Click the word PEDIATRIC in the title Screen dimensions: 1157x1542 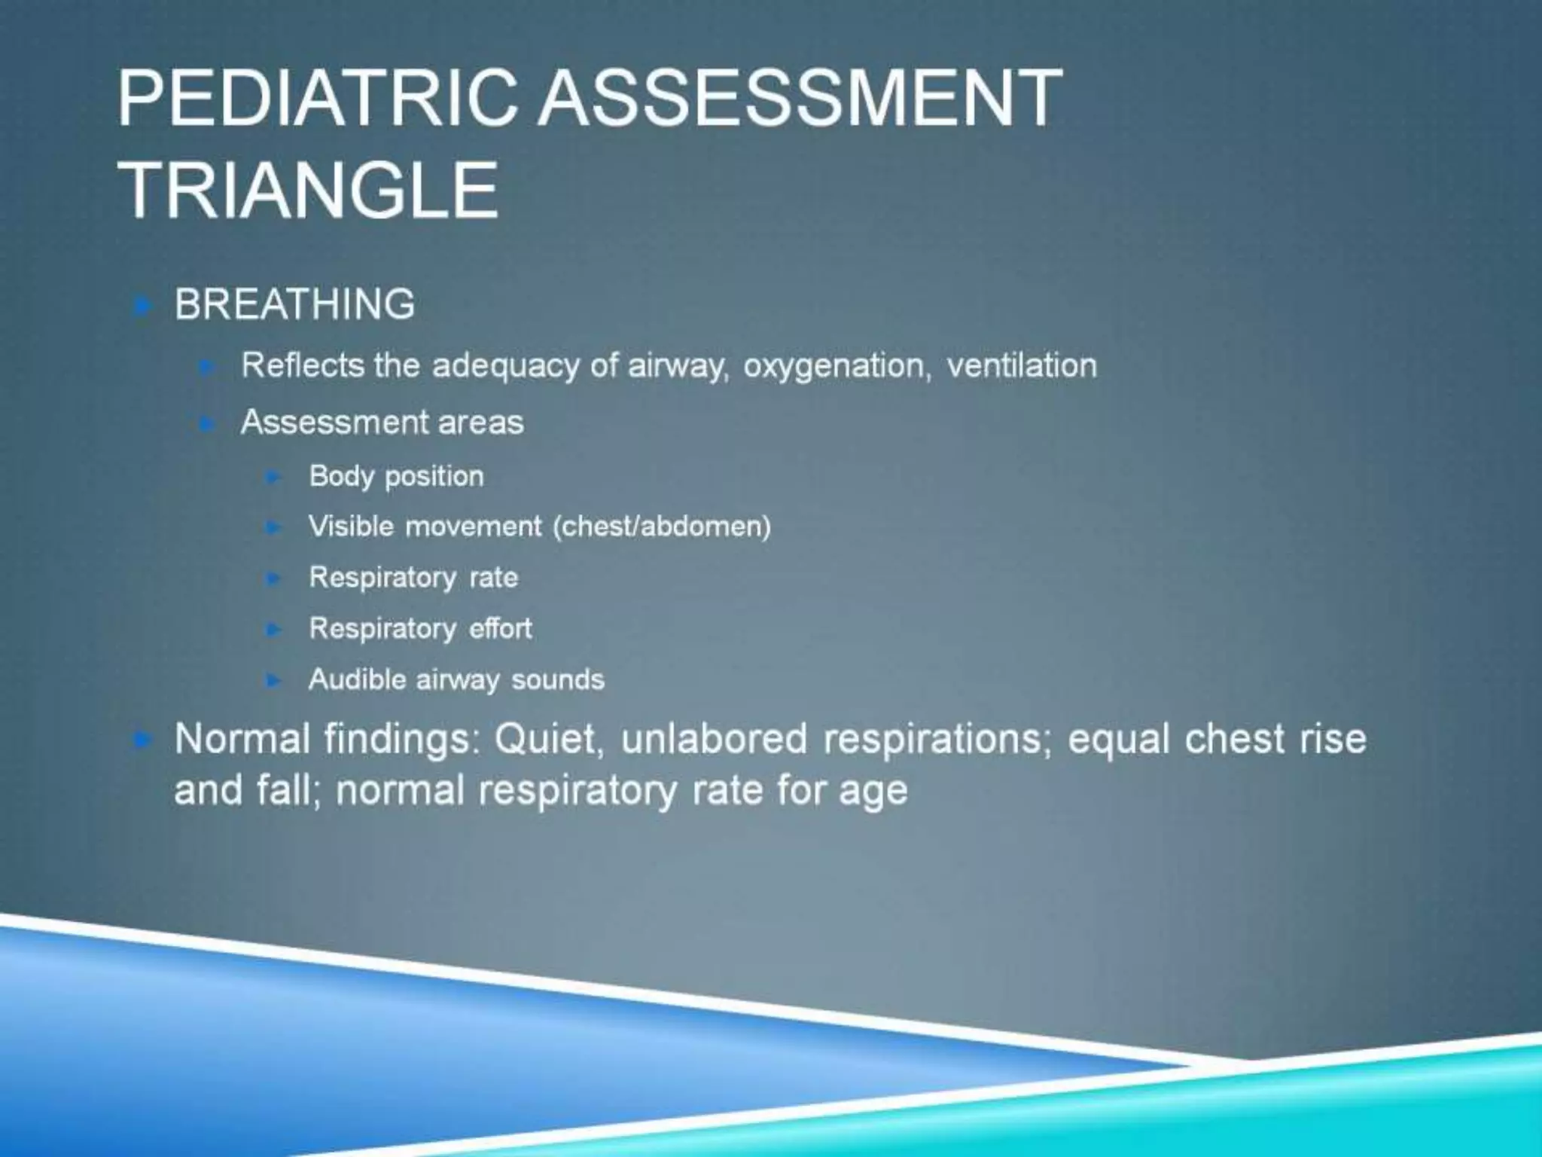tap(316, 98)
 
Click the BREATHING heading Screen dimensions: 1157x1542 tap(294, 304)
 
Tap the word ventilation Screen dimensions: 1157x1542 tap(1021, 365)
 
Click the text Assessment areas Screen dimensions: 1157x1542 tap(382, 422)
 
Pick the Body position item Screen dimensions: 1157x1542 tap(396, 476)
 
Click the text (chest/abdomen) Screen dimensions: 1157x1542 tap(662, 526)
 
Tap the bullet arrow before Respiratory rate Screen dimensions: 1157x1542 tap(273, 578)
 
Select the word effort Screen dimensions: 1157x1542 tap(500, 628)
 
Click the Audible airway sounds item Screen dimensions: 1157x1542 tap(456, 679)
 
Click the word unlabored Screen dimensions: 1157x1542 tap(714, 738)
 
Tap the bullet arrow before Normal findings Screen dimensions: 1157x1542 tap(142, 740)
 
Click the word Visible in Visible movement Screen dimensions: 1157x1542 tap(351, 526)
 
